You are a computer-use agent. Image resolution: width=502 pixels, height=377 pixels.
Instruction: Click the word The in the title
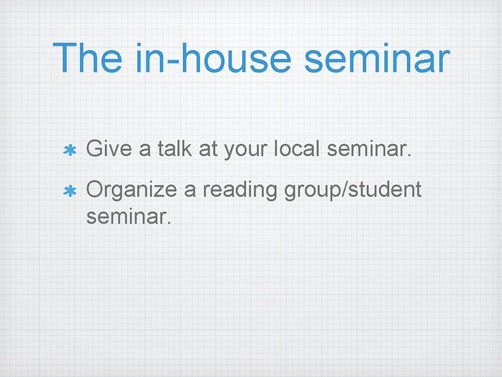(x=87, y=57)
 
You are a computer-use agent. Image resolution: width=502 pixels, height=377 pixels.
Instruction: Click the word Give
(x=109, y=148)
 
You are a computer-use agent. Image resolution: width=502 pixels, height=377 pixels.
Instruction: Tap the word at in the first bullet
(x=208, y=149)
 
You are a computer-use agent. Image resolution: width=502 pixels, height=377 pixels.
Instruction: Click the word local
(x=299, y=148)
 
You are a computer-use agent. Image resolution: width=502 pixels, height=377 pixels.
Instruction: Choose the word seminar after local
(x=368, y=149)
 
